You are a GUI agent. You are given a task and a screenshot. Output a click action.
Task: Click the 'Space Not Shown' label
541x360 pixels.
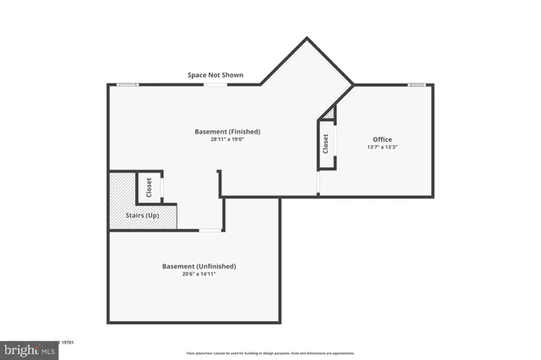pos(215,75)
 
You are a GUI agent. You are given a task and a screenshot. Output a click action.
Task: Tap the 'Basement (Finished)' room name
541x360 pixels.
pos(227,132)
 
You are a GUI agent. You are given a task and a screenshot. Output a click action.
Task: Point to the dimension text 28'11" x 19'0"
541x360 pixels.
pos(227,140)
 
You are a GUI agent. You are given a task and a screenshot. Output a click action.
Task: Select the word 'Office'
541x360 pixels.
pos(382,139)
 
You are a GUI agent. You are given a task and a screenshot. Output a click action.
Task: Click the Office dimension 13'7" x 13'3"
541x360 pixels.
pos(382,148)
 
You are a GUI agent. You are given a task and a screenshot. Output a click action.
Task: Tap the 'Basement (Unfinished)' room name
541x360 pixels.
pos(199,266)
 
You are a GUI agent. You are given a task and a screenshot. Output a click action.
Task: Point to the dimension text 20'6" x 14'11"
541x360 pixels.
pos(199,275)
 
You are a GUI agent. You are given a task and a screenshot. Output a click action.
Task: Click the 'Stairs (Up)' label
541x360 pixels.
pos(141,216)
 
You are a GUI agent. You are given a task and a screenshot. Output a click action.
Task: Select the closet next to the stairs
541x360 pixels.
pos(149,187)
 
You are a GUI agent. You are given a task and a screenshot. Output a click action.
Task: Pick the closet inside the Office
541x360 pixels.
pos(325,144)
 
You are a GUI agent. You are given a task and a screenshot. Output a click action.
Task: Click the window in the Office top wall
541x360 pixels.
pos(416,85)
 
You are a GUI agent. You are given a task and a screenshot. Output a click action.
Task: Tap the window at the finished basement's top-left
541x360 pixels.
pos(128,85)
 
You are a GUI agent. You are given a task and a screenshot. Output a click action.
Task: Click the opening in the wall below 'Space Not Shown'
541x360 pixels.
pos(215,85)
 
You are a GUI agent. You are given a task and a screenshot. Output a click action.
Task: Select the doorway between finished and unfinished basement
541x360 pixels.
pos(210,230)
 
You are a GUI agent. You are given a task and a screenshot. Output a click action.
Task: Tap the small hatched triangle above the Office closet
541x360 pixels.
pos(331,113)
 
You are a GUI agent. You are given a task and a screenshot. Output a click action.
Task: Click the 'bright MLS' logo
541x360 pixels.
pos(29,349)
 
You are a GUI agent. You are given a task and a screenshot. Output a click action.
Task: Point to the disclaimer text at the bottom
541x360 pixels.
pos(270,353)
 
